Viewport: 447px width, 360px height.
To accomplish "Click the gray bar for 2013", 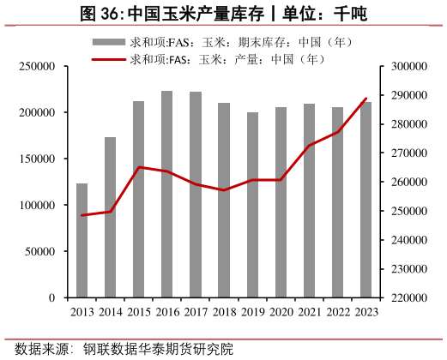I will coord(82,241).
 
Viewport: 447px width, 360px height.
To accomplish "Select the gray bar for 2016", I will coord(167,195).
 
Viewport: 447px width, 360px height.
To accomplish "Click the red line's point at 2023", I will coord(366,99).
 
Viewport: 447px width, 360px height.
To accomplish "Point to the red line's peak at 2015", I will coord(139,167).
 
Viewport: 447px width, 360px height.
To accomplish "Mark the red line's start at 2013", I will coord(82,215).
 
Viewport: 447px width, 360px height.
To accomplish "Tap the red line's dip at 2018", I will coord(224,190).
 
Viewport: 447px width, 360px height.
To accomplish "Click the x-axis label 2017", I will coord(196,313).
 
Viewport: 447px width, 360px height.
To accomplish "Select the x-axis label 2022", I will coord(337,313).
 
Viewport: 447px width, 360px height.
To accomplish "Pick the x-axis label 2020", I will coord(281,313).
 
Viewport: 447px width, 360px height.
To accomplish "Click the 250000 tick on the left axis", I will coord(38,67).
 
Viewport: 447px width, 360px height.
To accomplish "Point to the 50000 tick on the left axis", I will coord(40,252).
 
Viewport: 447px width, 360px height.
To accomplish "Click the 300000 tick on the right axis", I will coord(407,67).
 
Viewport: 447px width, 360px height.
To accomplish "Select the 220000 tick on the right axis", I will coord(407,298).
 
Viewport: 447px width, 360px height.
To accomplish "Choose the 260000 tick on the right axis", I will coord(407,183).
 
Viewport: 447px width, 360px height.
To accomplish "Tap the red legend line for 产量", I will coord(108,59).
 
